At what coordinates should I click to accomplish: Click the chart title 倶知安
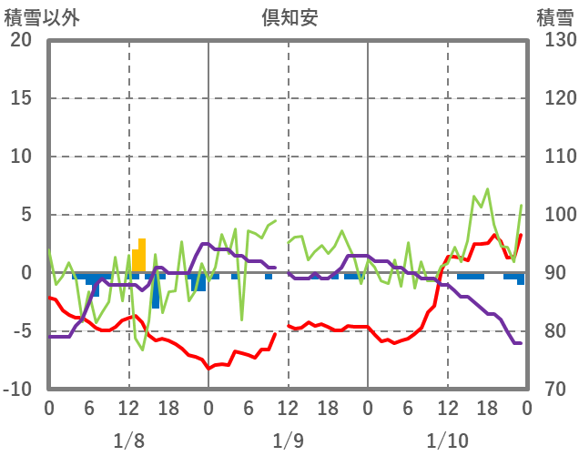(x=288, y=16)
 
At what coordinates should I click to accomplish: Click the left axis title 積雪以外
(x=41, y=16)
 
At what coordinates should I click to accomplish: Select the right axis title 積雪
(x=554, y=16)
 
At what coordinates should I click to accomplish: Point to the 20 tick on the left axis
(x=21, y=40)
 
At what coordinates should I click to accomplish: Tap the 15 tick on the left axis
(x=21, y=98)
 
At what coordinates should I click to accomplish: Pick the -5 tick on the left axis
(x=21, y=331)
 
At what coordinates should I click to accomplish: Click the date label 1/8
(x=128, y=441)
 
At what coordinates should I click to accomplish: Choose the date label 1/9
(x=288, y=441)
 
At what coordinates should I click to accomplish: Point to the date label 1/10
(x=447, y=441)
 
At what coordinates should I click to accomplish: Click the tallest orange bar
(x=142, y=256)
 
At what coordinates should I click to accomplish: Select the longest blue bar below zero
(x=156, y=291)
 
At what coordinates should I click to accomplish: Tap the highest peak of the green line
(x=487, y=189)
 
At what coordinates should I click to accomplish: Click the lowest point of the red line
(x=208, y=369)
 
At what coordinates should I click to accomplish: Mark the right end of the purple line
(x=520, y=343)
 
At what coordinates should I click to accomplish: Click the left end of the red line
(x=49, y=298)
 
